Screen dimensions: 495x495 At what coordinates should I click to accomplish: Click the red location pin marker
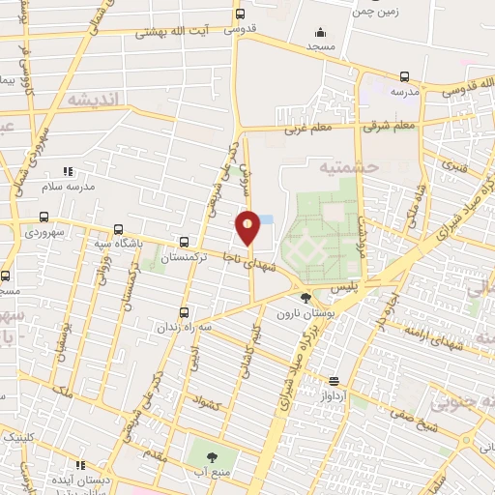[x=248, y=227]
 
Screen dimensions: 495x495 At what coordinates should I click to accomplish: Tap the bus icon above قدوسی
[x=240, y=14]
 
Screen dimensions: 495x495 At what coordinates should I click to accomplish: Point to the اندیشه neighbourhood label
[x=92, y=99]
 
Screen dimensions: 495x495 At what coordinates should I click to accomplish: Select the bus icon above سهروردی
[x=44, y=218]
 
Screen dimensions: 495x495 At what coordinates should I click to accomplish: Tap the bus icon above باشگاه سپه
[x=118, y=230]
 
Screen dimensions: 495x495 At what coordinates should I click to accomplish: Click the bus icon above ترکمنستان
[x=184, y=242]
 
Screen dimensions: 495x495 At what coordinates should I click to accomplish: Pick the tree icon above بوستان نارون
[x=306, y=298]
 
